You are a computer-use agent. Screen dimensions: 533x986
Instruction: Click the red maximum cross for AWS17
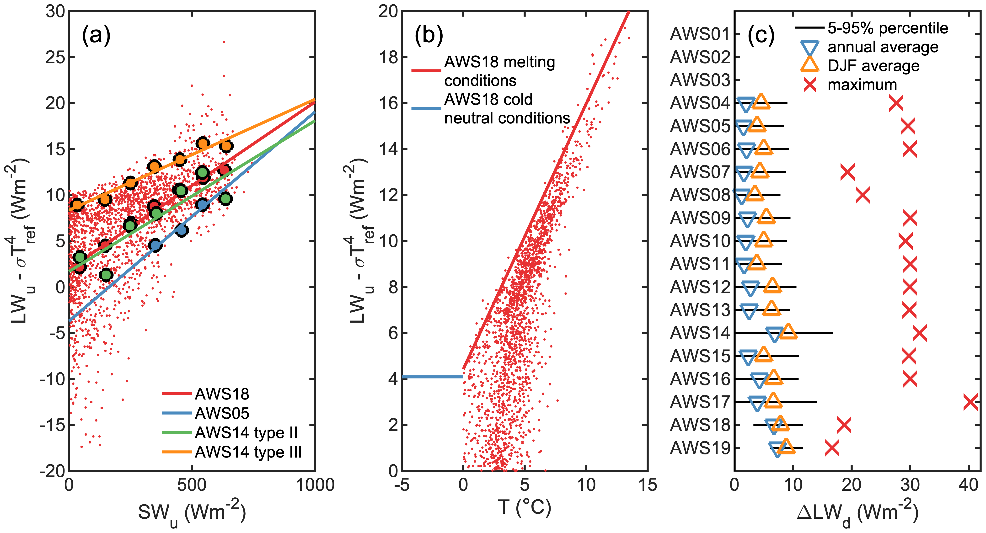tap(970, 402)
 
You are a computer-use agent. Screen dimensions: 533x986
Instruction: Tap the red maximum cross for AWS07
tap(847, 172)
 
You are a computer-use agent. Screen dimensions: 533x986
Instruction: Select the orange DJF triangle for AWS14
tap(788, 331)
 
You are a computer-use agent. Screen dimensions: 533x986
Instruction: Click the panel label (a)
tap(96, 35)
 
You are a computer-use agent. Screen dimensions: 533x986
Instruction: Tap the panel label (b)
tap(429, 35)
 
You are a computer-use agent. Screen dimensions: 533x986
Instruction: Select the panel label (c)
tap(761, 35)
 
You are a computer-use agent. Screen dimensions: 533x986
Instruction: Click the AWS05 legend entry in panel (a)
tap(222, 413)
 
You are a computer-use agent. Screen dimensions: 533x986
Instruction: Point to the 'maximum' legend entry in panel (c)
tap(862, 85)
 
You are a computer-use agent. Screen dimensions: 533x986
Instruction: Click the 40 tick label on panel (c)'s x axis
tap(968, 485)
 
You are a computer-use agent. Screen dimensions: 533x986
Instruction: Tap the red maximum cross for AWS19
tap(832, 448)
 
